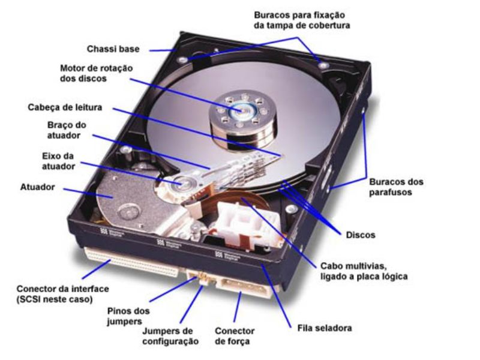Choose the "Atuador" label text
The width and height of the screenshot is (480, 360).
[37, 187]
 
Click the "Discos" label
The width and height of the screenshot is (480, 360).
[360, 235]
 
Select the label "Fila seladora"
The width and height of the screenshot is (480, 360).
[324, 328]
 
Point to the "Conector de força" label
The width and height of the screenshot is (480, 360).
[235, 336]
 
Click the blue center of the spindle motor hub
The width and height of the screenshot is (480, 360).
[244, 110]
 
